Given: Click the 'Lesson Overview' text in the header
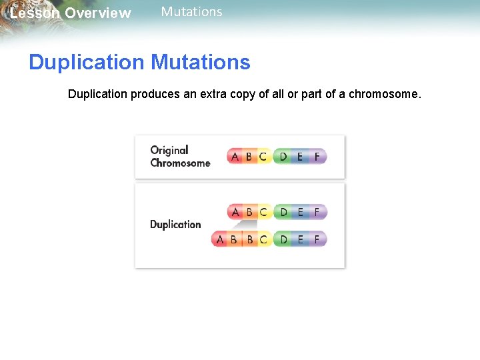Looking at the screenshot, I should pyautogui.click(x=70, y=13).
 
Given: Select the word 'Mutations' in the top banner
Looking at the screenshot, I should pyautogui.click(x=191, y=11).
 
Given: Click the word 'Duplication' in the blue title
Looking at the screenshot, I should pyautogui.click(x=86, y=63).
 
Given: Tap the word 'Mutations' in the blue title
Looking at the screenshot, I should pyautogui.click(x=200, y=63).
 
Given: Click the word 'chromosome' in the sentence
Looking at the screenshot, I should pyautogui.click(x=384, y=94).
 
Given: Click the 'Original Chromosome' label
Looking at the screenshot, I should pyautogui.click(x=179, y=157).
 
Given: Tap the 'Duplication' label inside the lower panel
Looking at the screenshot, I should pyautogui.click(x=175, y=225).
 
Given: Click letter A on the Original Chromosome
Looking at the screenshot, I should pyautogui.click(x=235, y=157).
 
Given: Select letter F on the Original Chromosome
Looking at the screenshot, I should pyautogui.click(x=317, y=157).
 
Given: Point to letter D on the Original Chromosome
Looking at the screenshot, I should pyautogui.click(x=283, y=157).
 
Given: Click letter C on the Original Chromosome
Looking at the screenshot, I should pyautogui.click(x=263, y=157).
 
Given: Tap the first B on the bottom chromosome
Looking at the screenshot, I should pyautogui.click(x=233, y=239).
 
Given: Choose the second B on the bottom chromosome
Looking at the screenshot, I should pyautogui.click(x=250, y=239).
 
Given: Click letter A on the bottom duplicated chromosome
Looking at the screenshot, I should pyautogui.click(x=220, y=239).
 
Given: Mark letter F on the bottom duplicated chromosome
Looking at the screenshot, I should pyautogui.click(x=317, y=239).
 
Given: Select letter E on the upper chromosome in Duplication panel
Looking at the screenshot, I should pyautogui.click(x=300, y=212).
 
